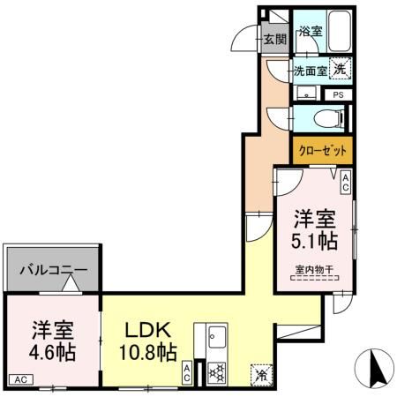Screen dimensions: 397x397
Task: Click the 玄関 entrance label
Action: [x=274, y=39]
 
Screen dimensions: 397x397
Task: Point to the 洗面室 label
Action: [x=310, y=71]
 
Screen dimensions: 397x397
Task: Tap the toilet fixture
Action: [x=326, y=117]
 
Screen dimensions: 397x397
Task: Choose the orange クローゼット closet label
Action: [x=322, y=151]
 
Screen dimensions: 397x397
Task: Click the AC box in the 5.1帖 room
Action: [x=346, y=183]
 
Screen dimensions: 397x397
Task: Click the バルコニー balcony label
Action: [x=53, y=269]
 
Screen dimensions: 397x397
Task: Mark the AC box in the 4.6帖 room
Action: [x=20, y=380]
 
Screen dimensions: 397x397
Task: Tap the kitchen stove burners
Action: [x=215, y=373]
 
